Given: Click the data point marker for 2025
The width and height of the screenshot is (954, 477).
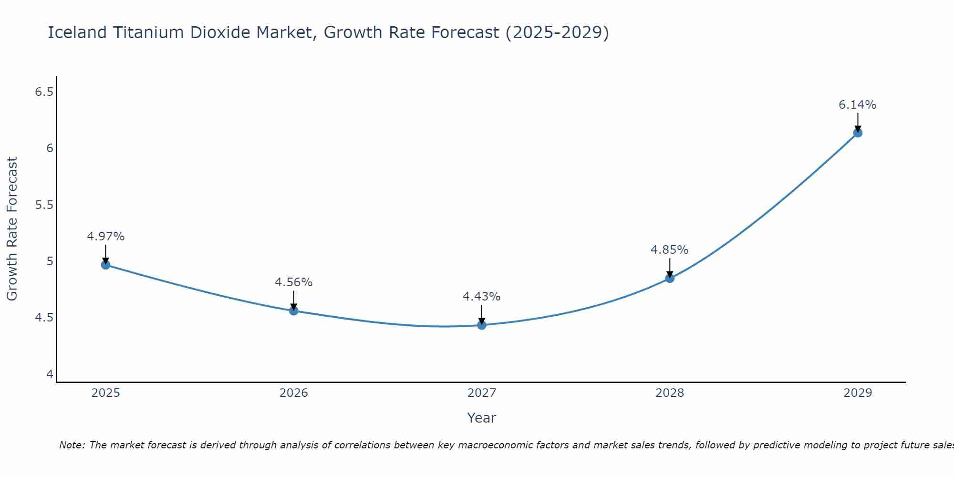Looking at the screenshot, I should coord(106,265).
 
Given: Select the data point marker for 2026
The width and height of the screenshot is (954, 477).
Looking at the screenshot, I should coord(294,311).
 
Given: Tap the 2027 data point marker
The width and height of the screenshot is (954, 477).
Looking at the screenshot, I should coord(482,325).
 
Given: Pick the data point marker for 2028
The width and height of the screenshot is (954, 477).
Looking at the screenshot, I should coord(670,278).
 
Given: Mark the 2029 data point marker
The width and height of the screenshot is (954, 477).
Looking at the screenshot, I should coord(858,133).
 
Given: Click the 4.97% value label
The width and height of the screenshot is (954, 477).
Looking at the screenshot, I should coord(106,237).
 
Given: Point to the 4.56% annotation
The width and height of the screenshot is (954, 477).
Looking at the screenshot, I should coord(294,282).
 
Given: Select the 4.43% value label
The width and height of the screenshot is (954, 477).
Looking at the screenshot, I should coord(482,297).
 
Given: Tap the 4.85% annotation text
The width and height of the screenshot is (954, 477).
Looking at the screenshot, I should coord(670,250).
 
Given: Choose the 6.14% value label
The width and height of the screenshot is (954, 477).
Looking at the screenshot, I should coord(858,105).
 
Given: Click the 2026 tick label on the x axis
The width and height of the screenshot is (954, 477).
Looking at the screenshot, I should coord(294,393).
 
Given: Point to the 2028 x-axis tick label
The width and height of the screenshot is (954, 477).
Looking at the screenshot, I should coord(670,393).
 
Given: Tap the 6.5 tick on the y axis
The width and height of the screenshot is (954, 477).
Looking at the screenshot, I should coord(44,92).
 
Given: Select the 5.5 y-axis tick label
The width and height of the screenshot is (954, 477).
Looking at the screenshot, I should coord(44,205).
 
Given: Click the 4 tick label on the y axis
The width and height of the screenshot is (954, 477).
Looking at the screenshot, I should coord(50,374).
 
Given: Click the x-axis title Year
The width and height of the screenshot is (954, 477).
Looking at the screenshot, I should coord(482,418).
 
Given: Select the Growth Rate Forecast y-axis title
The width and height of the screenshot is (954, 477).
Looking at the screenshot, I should coord(12,229).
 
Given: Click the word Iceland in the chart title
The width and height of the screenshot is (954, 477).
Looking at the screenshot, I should coord(77,32).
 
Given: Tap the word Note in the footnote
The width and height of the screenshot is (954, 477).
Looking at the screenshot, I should coord(72,445).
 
